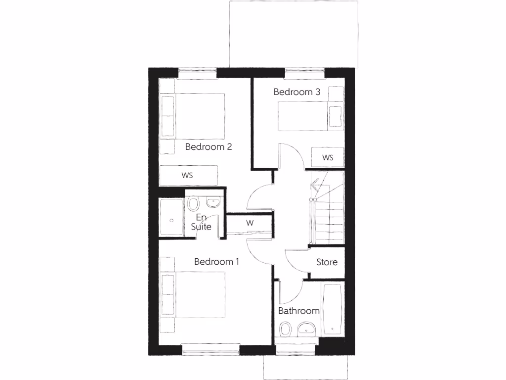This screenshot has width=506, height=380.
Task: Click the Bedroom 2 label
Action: coord(209,147)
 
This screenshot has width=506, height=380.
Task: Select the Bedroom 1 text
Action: coord(216,262)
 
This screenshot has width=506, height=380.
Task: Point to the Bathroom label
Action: coord(298,311)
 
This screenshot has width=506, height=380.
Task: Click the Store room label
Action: coord(327,262)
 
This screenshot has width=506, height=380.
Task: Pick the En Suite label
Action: coord(201,222)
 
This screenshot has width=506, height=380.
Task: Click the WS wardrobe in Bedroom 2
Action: coord(188,176)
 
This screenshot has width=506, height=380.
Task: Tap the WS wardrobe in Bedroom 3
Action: coord(328,158)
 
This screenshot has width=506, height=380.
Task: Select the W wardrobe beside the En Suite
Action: coord(250,223)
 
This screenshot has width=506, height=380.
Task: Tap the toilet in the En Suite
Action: coord(193,204)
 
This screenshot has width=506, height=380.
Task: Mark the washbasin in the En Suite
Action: coord(213,202)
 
